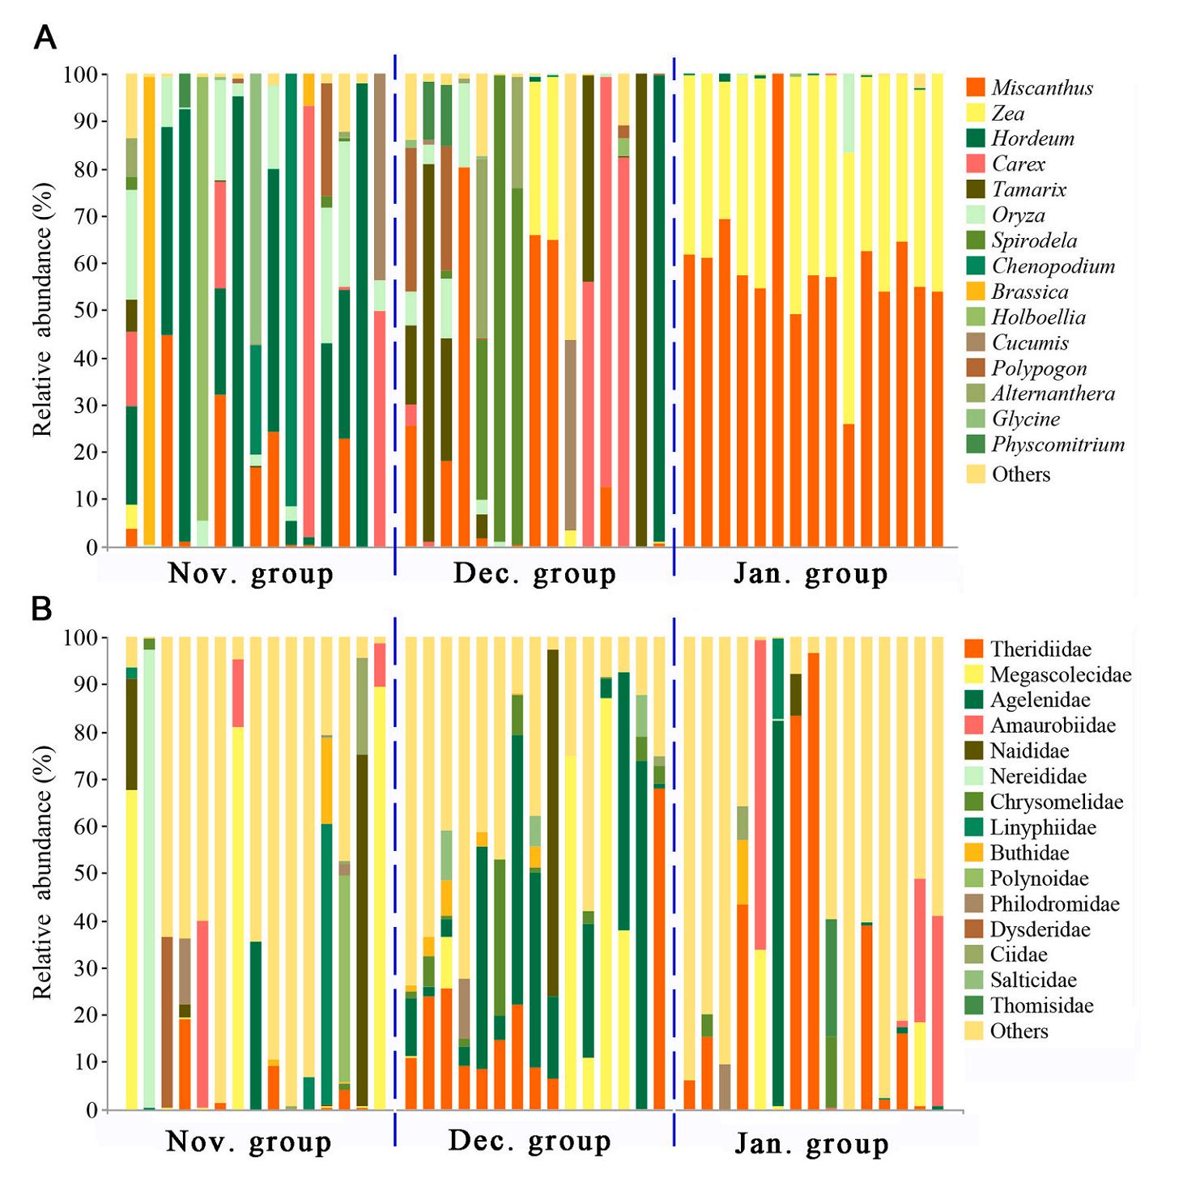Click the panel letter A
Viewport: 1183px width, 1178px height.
pos(45,37)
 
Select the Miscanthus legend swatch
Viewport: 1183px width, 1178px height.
pos(976,87)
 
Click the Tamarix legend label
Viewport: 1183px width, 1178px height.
pos(1029,189)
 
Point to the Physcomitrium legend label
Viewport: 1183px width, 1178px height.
pos(1057,444)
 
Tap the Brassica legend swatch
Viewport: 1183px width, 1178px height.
pos(976,291)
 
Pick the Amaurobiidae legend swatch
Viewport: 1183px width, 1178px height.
pos(975,725)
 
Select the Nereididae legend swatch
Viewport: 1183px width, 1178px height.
pos(975,776)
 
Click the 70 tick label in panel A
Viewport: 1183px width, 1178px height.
pos(85,217)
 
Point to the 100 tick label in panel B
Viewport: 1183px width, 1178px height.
pos(80,638)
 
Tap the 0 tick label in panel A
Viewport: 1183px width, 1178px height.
pos(92,547)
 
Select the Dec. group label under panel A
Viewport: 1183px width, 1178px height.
pos(534,575)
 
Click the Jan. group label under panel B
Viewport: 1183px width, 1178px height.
pos(811,1144)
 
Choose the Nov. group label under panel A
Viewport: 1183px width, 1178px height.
pos(250,575)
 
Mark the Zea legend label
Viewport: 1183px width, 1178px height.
pos(1008,113)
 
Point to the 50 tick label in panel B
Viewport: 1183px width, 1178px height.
pos(85,874)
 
